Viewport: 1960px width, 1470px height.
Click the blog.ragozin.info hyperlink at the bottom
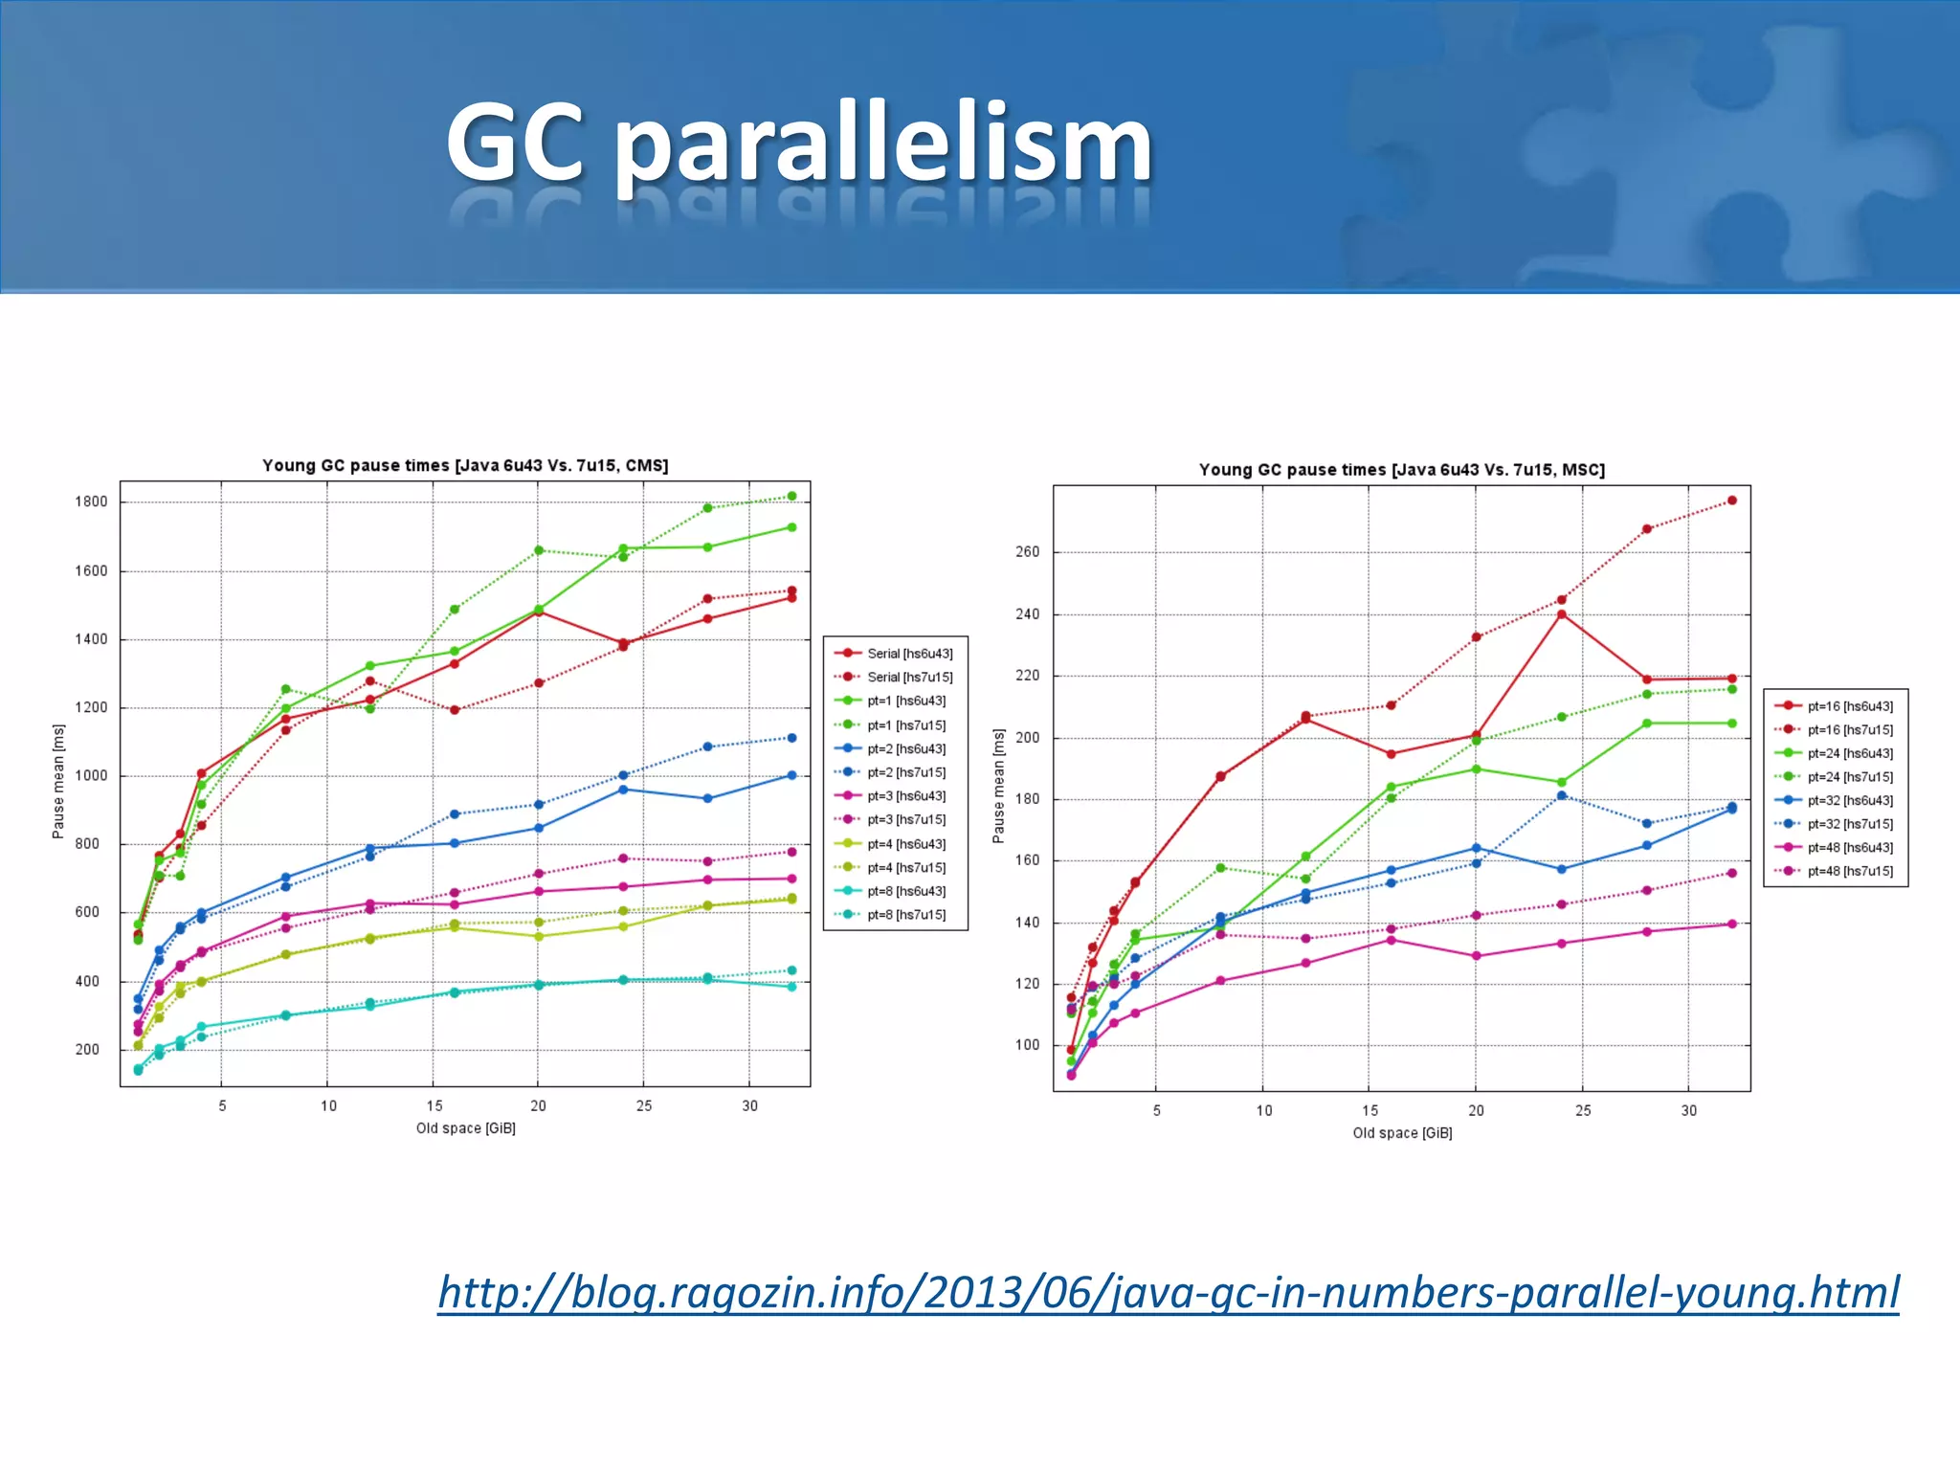[1168, 1292]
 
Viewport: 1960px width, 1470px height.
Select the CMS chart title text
[465, 465]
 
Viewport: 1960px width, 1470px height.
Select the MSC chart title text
[1401, 470]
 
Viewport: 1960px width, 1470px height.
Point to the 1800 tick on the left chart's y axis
[92, 501]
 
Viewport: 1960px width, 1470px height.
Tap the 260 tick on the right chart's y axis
[1027, 552]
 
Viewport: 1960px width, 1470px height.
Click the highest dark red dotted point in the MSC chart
[1731, 501]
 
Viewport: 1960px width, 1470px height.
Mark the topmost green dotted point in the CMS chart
[791, 496]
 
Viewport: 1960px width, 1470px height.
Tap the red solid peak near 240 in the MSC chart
[1562, 614]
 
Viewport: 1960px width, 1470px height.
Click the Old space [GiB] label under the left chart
[465, 1128]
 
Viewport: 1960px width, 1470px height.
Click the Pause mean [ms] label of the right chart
[998, 787]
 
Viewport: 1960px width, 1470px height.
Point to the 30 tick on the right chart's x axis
[1689, 1110]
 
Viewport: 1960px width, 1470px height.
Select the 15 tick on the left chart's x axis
[434, 1105]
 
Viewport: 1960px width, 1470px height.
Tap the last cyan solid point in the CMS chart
[791, 987]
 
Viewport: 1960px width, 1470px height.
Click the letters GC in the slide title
[515, 144]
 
